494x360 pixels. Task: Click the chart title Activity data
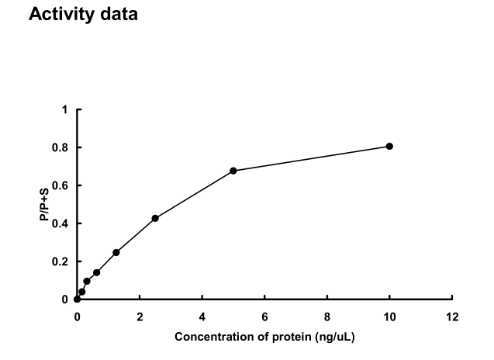83,15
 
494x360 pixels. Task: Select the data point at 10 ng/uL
389,146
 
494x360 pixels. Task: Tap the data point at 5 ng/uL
233,171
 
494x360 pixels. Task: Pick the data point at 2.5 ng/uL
155,218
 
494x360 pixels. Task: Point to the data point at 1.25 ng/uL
116,252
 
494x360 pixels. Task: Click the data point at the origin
77,299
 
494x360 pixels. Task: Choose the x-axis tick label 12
452,317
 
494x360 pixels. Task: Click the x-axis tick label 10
389,317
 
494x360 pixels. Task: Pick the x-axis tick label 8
327,317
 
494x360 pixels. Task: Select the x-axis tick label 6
264,317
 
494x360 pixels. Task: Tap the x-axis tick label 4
202,317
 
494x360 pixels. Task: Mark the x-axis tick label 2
140,317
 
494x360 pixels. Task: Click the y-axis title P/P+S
45,205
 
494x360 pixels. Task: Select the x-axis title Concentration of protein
264,337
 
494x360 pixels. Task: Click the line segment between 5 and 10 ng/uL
311,158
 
